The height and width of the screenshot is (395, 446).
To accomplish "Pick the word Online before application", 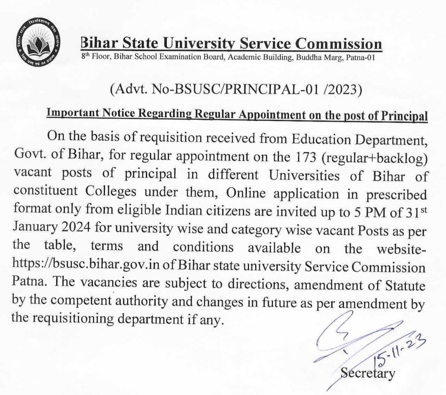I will coord(249,193).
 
